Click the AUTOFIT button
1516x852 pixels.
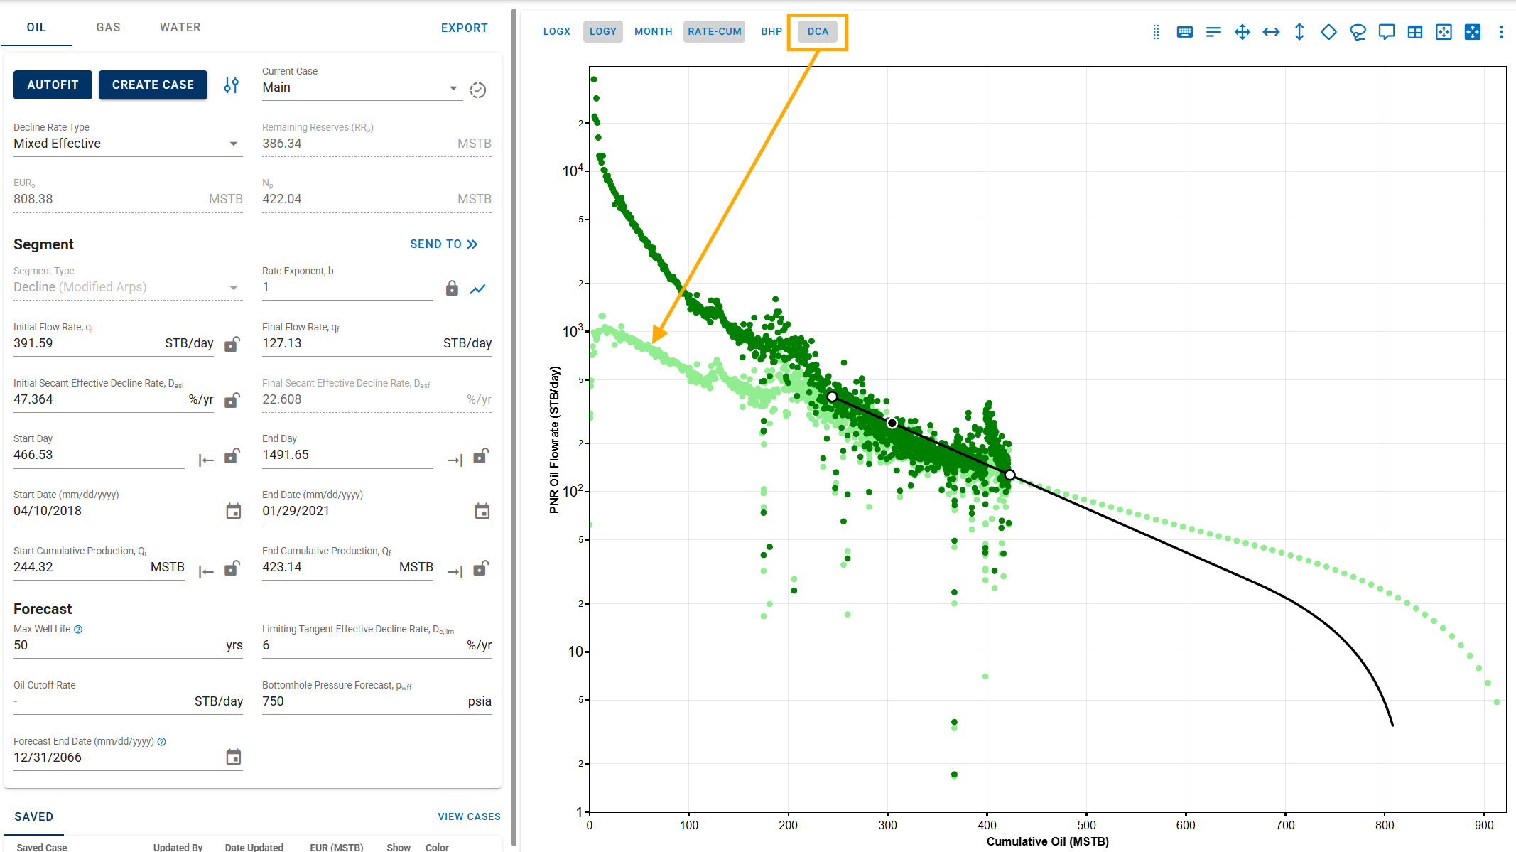53,85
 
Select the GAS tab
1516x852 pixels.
108,27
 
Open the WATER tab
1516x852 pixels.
180,27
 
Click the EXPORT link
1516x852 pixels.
464,28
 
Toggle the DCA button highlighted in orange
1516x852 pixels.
818,31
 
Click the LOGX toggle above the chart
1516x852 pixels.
556,31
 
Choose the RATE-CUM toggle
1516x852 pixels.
714,31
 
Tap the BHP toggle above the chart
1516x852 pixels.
771,31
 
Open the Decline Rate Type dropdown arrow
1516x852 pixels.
233,144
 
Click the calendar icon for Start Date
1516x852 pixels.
233,511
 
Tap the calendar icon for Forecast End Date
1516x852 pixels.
233,757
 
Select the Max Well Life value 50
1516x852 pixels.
21,645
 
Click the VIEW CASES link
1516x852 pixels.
469,816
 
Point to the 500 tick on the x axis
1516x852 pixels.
1086,825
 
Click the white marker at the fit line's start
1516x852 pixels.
832,397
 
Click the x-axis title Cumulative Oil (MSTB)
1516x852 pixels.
1047,841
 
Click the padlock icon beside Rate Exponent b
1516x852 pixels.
452,288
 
